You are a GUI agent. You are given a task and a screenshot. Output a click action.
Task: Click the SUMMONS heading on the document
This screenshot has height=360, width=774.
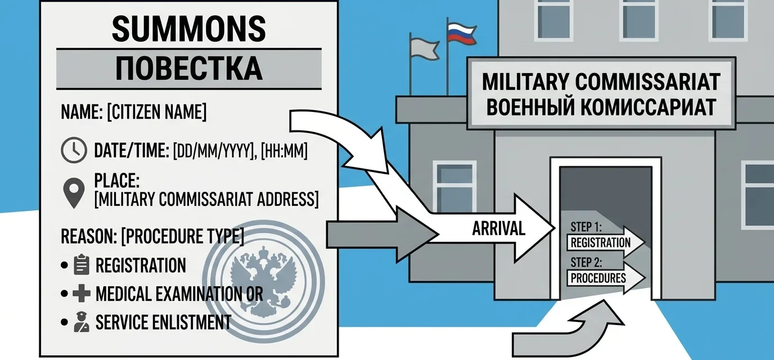click(x=189, y=29)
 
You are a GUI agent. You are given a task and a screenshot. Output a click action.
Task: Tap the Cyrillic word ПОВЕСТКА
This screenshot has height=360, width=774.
click(x=188, y=69)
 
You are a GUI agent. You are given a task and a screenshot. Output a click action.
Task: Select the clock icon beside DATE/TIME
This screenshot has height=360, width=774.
click(x=74, y=150)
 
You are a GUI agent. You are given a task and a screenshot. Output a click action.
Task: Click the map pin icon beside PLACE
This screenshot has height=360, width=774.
click(x=74, y=193)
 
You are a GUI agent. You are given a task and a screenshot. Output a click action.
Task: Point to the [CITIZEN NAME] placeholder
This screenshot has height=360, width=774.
click(x=157, y=112)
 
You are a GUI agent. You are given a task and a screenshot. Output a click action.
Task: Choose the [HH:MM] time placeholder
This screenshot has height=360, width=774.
click(x=284, y=151)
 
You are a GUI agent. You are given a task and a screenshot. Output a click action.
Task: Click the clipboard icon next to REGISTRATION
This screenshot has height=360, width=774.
click(x=82, y=265)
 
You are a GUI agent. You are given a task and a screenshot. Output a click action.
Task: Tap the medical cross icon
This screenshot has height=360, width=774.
click(x=82, y=293)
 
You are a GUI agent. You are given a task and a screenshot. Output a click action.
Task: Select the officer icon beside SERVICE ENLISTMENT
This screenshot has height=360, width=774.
click(x=82, y=322)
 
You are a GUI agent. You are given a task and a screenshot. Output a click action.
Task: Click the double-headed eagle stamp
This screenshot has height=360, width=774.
click(x=263, y=281)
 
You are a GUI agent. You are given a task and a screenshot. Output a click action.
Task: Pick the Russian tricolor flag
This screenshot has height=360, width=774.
click(x=462, y=34)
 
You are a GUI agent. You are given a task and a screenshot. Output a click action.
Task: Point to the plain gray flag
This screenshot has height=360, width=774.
click(x=424, y=49)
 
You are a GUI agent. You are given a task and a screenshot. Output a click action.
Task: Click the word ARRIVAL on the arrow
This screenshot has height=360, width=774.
click(x=498, y=228)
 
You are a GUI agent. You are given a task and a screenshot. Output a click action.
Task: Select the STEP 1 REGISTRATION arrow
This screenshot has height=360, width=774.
click(x=605, y=242)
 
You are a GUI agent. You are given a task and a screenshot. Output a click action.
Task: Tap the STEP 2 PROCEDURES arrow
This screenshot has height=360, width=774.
click(x=605, y=277)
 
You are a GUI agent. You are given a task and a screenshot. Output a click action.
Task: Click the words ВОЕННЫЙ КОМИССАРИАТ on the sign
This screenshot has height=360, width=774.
click(x=601, y=107)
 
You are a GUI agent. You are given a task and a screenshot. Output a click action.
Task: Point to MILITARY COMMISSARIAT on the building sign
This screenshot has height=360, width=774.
click(x=601, y=82)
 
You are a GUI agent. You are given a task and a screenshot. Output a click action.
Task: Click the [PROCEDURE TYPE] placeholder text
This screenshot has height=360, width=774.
click(x=183, y=236)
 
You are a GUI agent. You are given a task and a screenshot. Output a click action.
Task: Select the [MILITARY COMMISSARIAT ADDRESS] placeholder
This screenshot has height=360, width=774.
click(x=206, y=199)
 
